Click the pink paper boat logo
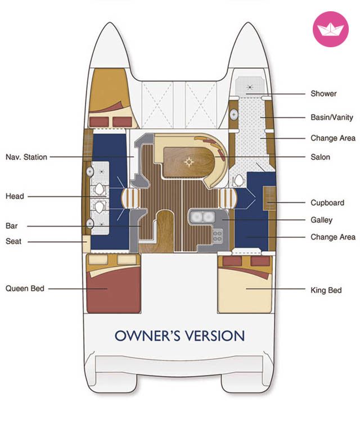coord(330,29)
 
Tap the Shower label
coord(323,93)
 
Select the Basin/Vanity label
coord(331,118)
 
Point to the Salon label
coord(320,157)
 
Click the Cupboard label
coord(327,203)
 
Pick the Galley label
coord(321,220)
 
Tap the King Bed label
coord(326,290)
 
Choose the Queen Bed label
coord(25,288)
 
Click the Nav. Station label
coord(26,157)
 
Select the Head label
coord(15,196)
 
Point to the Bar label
coord(11,225)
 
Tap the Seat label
coord(13,241)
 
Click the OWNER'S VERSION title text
coord(179,336)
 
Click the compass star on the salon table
coord(189,162)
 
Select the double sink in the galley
coord(202,217)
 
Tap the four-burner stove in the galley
coord(217,236)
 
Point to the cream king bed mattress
coord(245,291)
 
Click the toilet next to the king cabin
coord(239,181)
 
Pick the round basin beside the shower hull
coord(233,114)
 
